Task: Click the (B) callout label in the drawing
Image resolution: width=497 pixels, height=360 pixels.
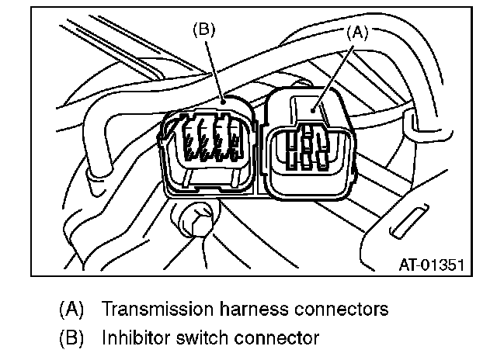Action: (203, 31)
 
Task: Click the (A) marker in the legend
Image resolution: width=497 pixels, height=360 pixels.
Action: (71, 309)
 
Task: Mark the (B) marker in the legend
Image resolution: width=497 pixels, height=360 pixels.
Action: (71, 337)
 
